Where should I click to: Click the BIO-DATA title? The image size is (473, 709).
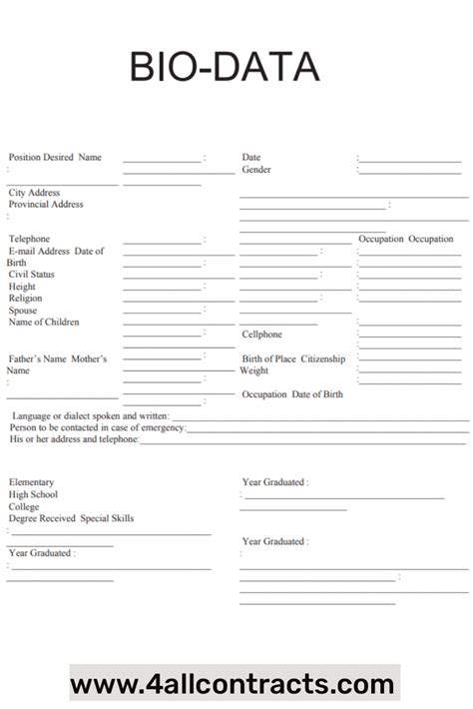225,68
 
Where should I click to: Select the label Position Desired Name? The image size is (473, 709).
55,158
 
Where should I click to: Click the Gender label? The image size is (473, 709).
256,170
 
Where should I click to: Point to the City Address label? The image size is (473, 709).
35,193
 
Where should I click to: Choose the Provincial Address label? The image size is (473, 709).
46,205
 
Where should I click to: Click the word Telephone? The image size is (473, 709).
30,240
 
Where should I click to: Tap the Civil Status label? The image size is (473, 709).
32,275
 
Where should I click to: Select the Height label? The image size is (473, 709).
22,287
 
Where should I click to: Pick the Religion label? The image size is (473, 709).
26,299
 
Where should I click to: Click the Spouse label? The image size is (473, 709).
23,311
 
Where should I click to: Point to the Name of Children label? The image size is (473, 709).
44,323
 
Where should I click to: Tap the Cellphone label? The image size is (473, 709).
262,335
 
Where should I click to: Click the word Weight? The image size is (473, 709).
253,370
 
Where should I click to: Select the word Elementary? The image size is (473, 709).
32,482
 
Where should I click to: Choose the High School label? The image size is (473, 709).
34,494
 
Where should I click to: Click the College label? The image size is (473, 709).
25,506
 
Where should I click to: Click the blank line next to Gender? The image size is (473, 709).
410,172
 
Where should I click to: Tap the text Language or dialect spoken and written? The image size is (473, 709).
90,415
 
